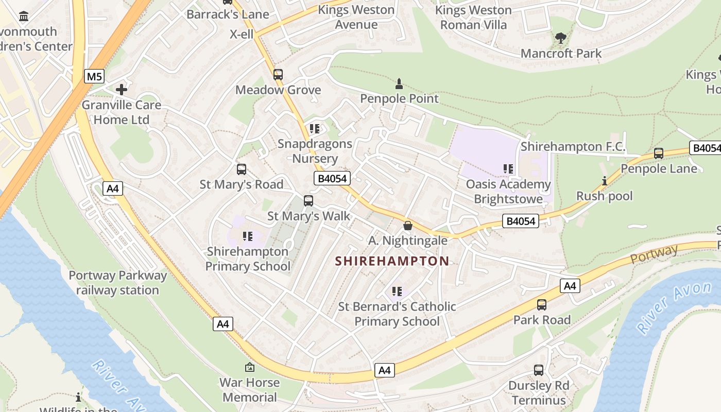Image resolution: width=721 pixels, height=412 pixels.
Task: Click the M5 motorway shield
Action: (94, 77)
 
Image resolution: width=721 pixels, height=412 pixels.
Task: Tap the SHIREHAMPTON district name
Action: (392, 261)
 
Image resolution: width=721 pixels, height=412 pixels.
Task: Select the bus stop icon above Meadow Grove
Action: (278, 75)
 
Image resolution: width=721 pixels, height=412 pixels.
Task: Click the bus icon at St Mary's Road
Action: (241, 169)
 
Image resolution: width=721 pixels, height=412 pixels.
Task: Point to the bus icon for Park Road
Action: (542, 305)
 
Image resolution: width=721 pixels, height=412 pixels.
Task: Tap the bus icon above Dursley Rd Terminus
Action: (538, 370)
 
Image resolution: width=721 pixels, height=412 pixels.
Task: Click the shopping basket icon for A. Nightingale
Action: (407, 226)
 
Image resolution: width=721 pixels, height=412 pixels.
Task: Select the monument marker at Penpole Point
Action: (399, 83)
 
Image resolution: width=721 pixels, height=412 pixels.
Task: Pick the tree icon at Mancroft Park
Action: (561, 38)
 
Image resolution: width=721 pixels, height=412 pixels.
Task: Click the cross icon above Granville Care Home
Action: (122, 90)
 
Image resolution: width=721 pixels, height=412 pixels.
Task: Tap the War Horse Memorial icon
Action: (250, 367)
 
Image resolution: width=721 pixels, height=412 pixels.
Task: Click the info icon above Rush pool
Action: (604, 181)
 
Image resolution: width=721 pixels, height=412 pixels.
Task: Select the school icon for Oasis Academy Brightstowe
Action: (508, 169)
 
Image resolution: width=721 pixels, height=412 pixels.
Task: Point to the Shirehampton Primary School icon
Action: (248, 236)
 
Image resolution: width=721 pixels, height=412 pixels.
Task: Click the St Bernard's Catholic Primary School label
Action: (397, 314)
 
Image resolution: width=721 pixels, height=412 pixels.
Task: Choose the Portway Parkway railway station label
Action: (117, 283)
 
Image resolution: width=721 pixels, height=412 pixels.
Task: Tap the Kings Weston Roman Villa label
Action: (473, 18)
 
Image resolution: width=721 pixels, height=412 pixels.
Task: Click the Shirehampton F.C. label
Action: (573, 147)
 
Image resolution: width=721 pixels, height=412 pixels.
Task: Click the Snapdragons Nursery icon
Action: (315, 129)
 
